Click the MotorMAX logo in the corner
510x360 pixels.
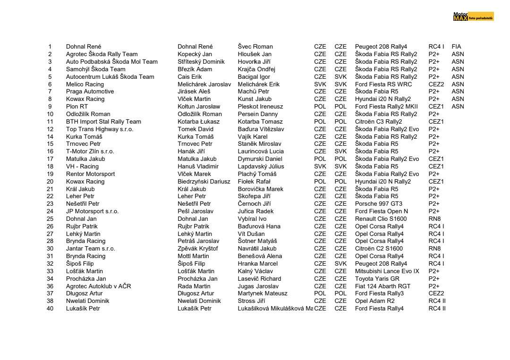tap(473, 17)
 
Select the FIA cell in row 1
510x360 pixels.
tap(456, 47)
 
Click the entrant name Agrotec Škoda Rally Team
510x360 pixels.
tap(102, 54)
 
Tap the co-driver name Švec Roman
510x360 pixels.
tap(255, 47)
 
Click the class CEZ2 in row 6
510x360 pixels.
tap(436, 84)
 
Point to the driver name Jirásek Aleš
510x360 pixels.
tap(194, 92)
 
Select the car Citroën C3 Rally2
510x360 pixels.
tap(378, 121)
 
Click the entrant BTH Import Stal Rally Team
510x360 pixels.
tap(103, 121)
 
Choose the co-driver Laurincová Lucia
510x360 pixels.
tap(261, 151)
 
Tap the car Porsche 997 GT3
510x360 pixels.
tap(379, 204)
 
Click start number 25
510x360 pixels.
tap(50, 219)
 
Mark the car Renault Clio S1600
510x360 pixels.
tap(381, 219)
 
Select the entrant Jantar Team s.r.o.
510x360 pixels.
tap(90, 249)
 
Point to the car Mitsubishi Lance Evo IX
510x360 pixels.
tap(387, 271)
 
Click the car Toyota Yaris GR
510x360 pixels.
tap(377, 279)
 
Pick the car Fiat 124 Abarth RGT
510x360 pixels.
tap(382, 286)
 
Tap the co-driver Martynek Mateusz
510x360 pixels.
tap(263, 293)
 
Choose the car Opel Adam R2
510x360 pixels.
tap(374, 301)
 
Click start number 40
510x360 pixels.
tap(50, 309)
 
